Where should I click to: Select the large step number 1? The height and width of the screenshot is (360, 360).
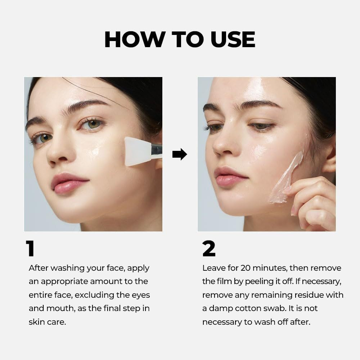pos(30,248)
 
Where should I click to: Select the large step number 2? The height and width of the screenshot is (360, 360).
pos(209,248)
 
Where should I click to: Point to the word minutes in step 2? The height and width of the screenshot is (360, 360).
pos(267,268)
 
